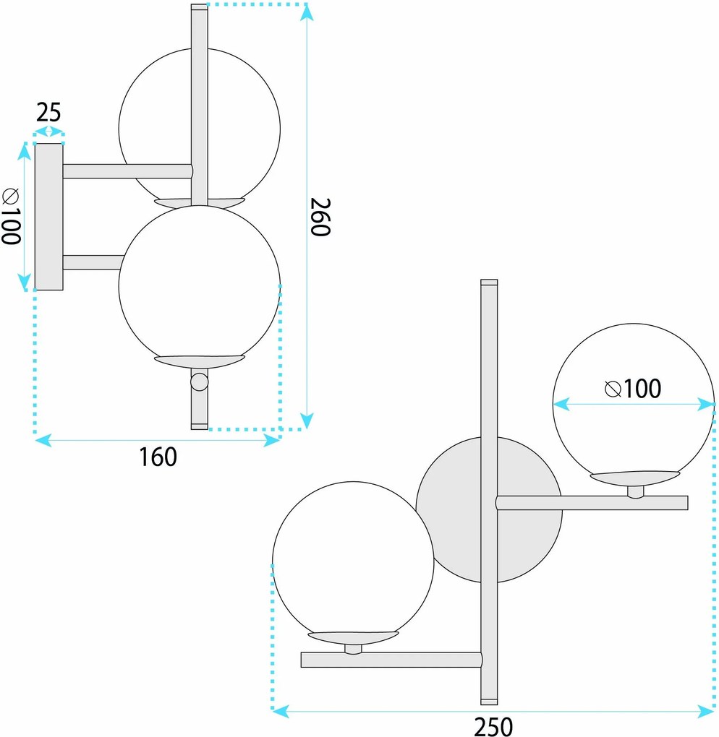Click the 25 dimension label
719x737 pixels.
[x=49, y=113]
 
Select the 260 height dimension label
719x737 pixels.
[x=321, y=217]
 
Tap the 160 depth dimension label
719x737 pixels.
[x=158, y=457]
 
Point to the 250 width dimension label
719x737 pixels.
[x=493, y=727]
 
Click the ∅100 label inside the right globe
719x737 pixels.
[x=633, y=388]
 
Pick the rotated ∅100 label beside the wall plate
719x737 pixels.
[x=12, y=216]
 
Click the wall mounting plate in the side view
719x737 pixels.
[x=49, y=217]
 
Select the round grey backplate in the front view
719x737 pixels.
[x=489, y=510]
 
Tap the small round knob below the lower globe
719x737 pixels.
[x=199, y=382]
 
